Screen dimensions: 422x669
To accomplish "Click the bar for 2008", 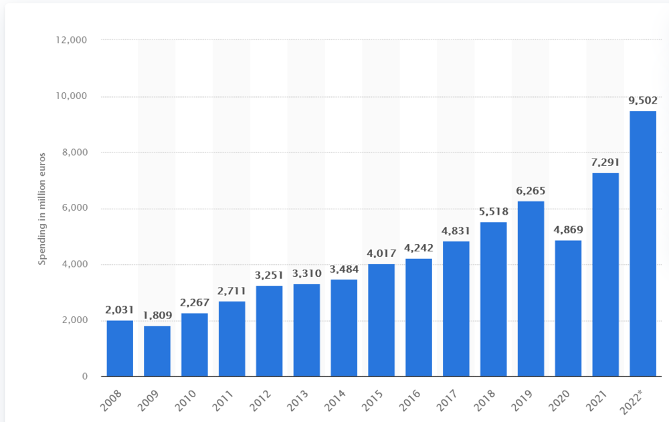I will tap(120, 348).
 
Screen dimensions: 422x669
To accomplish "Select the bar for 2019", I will tap(531, 289).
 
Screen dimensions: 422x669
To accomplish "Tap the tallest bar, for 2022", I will tap(643, 243).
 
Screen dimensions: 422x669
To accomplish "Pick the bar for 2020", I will tap(568, 308).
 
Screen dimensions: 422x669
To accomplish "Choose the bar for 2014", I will tap(344, 328).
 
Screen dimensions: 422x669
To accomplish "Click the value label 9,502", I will tap(643, 101).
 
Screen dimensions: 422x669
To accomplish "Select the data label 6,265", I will tap(531, 191).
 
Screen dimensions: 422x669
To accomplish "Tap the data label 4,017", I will tap(381, 254).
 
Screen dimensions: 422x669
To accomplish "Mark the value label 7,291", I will tap(605, 163).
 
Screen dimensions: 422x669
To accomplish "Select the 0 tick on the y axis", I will tap(85, 377).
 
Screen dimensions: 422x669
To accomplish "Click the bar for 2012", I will tap(269, 331).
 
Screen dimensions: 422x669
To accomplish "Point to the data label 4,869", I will tap(568, 230).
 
